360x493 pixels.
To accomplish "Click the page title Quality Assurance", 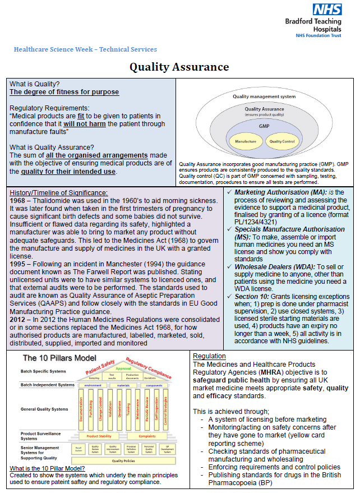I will click(179, 67).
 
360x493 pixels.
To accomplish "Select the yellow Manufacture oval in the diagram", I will click(246, 141).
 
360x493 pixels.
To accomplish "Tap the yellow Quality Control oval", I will click(283, 141).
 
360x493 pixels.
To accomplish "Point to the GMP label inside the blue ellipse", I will click(264, 127).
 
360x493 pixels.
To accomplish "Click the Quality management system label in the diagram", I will click(264, 96).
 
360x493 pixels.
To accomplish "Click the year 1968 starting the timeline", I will click(20, 200).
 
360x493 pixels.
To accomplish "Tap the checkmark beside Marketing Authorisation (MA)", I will click(229, 193).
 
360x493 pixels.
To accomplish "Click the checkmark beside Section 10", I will click(229, 297).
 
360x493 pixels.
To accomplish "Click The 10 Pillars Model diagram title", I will click(59, 358).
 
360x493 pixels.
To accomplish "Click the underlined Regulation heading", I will click(209, 356).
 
